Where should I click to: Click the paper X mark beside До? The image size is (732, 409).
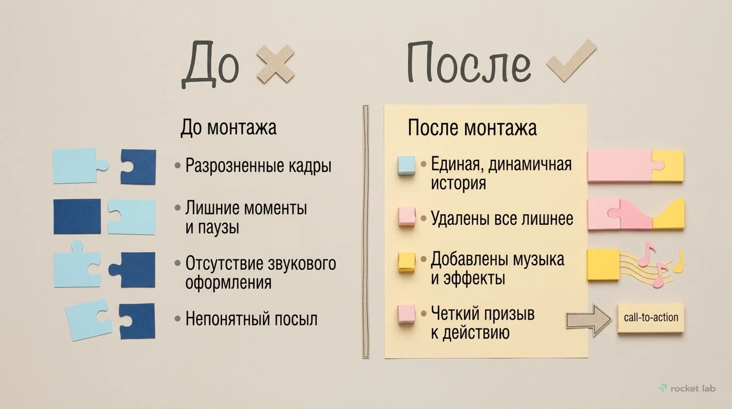[275, 64]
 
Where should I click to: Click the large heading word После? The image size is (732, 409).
[469, 64]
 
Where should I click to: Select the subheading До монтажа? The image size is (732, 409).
[228, 128]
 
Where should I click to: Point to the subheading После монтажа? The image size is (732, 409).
[472, 128]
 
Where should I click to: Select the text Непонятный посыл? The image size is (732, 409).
[251, 319]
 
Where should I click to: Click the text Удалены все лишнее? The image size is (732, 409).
[502, 218]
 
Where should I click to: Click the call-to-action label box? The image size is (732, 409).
[651, 318]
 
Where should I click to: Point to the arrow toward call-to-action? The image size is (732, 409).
[588, 320]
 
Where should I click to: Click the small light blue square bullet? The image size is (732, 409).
[406, 165]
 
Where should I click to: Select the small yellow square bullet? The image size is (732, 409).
[406, 262]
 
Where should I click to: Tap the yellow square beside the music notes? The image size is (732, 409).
[603, 264]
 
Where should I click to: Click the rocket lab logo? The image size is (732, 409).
[687, 388]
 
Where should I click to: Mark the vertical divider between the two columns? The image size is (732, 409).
[365, 231]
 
